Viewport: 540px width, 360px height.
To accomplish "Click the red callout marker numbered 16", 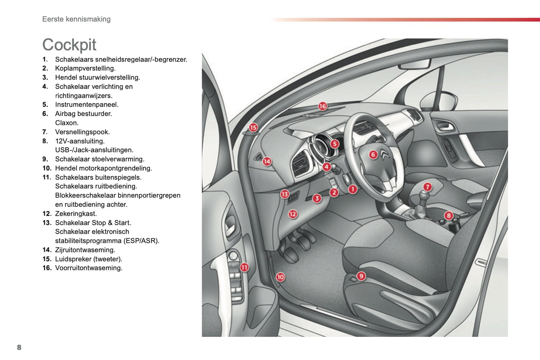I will pos(323,106).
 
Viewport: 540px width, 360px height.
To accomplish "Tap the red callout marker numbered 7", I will pos(428,187).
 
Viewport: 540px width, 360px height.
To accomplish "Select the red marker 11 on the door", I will pos(244,267).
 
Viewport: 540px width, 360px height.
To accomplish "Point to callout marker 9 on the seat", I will pos(361,276).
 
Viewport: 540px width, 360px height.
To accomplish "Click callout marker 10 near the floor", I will pos(280,277).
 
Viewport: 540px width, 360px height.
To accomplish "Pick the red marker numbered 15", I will pos(253,127).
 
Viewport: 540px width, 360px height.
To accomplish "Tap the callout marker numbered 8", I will pos(448,215).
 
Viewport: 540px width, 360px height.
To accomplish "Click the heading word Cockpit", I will pos(69,45).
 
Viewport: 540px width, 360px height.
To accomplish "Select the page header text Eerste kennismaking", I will pos(76,19).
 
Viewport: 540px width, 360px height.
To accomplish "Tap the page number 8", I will pos(19,347).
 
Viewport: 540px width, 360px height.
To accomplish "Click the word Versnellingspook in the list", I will pos(82,132).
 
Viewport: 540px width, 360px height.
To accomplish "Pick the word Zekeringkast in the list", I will pos(76,214).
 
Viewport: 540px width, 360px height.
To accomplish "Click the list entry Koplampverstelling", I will pos(85,68).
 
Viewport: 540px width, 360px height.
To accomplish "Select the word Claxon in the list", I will pos(67,123).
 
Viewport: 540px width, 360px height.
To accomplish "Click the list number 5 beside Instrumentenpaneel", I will pos(45,105).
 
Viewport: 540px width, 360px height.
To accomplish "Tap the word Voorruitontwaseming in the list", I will pos(89,268).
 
